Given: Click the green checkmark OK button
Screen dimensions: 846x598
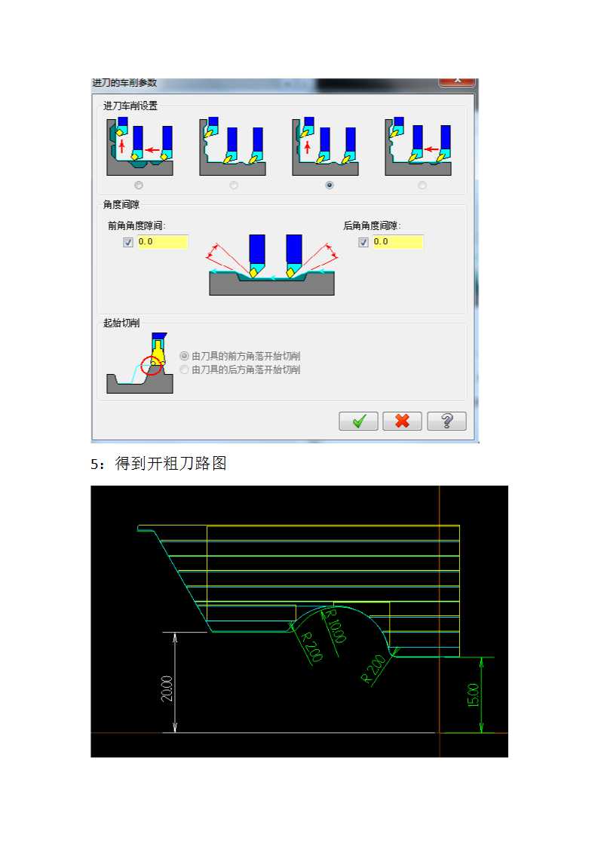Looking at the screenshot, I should click(358, 421).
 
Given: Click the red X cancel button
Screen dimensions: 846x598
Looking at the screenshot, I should click(402, 421).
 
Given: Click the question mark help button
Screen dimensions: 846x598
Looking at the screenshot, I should click(446, 421).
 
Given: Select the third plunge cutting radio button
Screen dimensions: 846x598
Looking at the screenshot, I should click(329, 185).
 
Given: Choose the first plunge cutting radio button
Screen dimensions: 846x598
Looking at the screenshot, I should click(138, 185).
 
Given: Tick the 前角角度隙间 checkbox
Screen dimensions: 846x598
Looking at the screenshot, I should click(128, 242).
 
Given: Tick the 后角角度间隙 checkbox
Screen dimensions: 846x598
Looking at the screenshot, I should click(363, 242).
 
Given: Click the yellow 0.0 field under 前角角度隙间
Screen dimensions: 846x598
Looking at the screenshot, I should click(162, 242).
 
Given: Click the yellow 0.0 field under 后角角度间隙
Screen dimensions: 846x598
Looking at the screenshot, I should click(397, 242).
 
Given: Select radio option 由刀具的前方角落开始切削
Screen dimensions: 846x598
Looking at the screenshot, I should click(185, 356).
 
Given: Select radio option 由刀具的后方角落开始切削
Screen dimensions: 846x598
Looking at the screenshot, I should click(185, 369).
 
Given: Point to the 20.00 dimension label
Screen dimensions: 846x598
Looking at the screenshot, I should click(167, 688).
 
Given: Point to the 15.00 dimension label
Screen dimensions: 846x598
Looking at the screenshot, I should click(473, 694).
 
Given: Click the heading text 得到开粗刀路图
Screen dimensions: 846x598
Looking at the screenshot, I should click(170, 464).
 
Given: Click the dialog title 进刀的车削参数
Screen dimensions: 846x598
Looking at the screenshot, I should click(124, 82).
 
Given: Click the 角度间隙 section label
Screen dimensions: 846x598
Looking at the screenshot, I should click(121, 204).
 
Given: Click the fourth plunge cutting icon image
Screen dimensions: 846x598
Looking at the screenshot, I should click(418, 146).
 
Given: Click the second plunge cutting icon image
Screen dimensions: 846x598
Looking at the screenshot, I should click(232, 146).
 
